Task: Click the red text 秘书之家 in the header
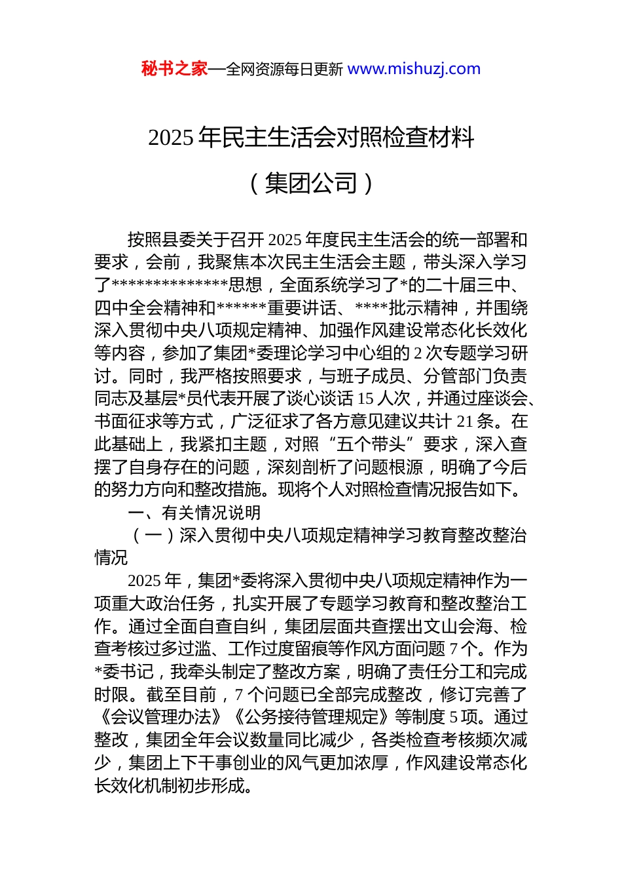174,69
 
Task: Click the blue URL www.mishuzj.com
414,69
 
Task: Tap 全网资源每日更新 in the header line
284,69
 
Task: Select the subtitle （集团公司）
311,183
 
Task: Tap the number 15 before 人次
366,399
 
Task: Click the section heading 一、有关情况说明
194,513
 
